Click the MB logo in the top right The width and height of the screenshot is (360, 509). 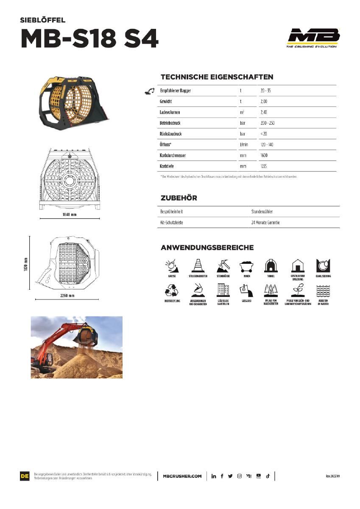[x=313, y=38]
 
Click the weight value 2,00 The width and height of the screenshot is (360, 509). [x=264, y=102]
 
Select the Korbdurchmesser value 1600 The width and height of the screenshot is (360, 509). [x=264, y=156]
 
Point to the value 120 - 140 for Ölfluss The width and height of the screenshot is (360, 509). [x=267, y=145]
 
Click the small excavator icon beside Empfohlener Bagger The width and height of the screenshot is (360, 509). [x=149, y=91]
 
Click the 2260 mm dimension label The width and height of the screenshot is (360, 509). [x=66, y=295]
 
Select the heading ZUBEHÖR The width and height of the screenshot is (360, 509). [x=179, y=198]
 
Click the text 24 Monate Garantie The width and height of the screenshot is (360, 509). [x=265, y=222]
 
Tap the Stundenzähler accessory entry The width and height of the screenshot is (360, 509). [x=262, y=211]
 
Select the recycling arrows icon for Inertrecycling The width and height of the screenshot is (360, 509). [x=171, y=291]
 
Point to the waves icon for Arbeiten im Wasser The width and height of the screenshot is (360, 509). [x=324, y=291]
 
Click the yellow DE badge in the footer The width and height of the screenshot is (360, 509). [x=25, y=476]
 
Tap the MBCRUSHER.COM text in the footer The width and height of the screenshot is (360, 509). [x=182, y=476]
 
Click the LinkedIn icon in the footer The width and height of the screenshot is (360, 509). [x=214, y=476]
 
